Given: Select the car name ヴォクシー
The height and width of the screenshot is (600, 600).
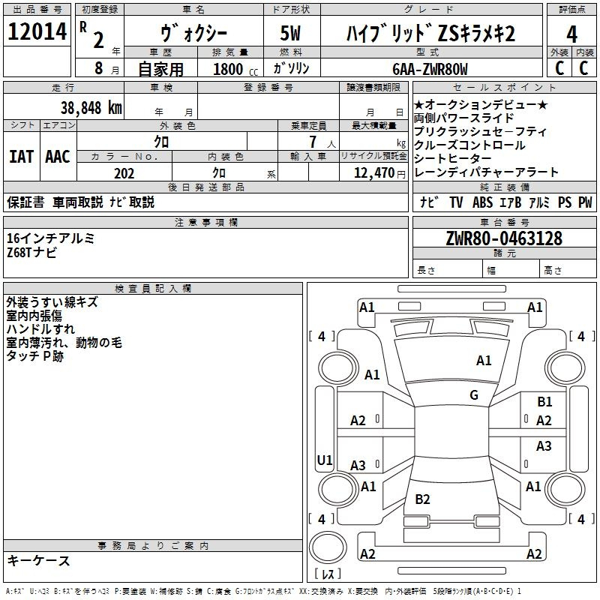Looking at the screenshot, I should (195, 33).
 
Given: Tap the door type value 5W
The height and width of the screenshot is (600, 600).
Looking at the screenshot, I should (292, 33).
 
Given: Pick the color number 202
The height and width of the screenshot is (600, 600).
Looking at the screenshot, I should (124, 173).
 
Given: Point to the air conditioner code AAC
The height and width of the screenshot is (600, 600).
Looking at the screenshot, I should (58, 156).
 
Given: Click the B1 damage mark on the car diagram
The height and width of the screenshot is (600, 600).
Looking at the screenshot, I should (544, 402).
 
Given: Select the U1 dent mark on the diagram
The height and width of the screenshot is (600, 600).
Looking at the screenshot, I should (325, 460).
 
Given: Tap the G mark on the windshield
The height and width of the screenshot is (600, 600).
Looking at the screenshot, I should (474, 395).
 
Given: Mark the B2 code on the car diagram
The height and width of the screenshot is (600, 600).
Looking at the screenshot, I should (422, 499).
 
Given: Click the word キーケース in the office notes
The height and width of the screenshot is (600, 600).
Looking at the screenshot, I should (38, 561).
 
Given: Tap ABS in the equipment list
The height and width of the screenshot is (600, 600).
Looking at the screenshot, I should (481, 202).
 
